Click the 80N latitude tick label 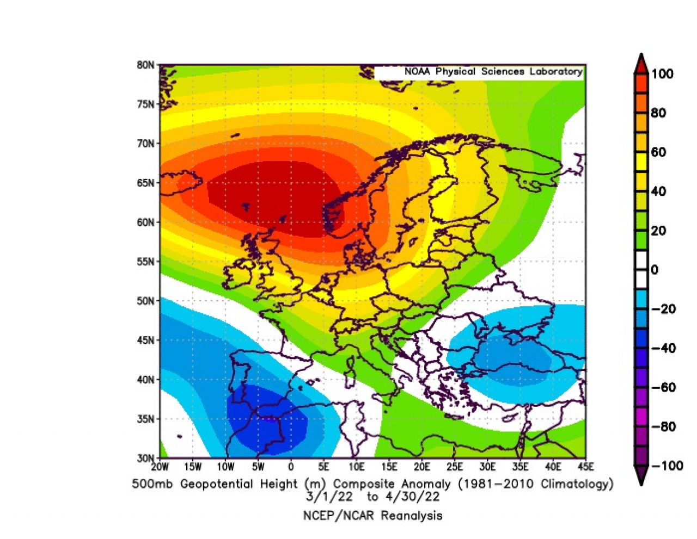145,65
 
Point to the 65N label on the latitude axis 145,183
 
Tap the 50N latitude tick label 145,301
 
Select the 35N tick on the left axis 145,419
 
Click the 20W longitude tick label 160,467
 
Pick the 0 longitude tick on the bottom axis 291,467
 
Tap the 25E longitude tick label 455,467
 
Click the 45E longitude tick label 586,467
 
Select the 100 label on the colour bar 662,74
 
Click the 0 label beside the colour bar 655,270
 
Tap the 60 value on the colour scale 658,152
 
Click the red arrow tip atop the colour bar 641,58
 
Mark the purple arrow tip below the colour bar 641,481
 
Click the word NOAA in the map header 417,72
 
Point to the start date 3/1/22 329,497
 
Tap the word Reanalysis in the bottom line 411,516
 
